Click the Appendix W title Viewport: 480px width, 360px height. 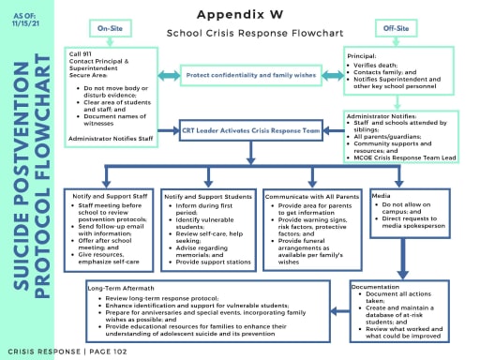tap(239, 16)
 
